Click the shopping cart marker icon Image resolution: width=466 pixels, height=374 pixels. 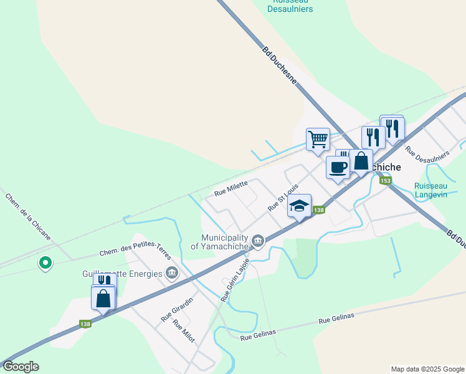click(318, 138)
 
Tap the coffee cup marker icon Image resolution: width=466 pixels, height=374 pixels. click(338, 168)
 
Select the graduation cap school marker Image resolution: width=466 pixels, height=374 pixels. click(299, 206)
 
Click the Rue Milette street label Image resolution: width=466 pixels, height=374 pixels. click(231, 188)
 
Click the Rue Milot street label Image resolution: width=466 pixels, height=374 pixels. click(184, 331)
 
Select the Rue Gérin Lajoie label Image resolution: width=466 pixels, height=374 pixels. click(235, 280)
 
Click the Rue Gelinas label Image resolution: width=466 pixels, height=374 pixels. click(336, 318)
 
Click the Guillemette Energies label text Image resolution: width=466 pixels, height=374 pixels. click(122, 273)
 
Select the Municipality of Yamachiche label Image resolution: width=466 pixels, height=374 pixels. click(224, 241)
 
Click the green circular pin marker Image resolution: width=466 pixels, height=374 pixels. click(45, 264)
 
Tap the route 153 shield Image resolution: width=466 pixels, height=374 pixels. click(386, 181)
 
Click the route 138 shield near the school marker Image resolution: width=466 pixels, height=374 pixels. click(318, 211)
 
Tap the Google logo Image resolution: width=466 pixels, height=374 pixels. click(21, 367)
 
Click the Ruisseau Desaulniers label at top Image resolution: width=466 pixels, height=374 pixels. click(290, 6)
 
